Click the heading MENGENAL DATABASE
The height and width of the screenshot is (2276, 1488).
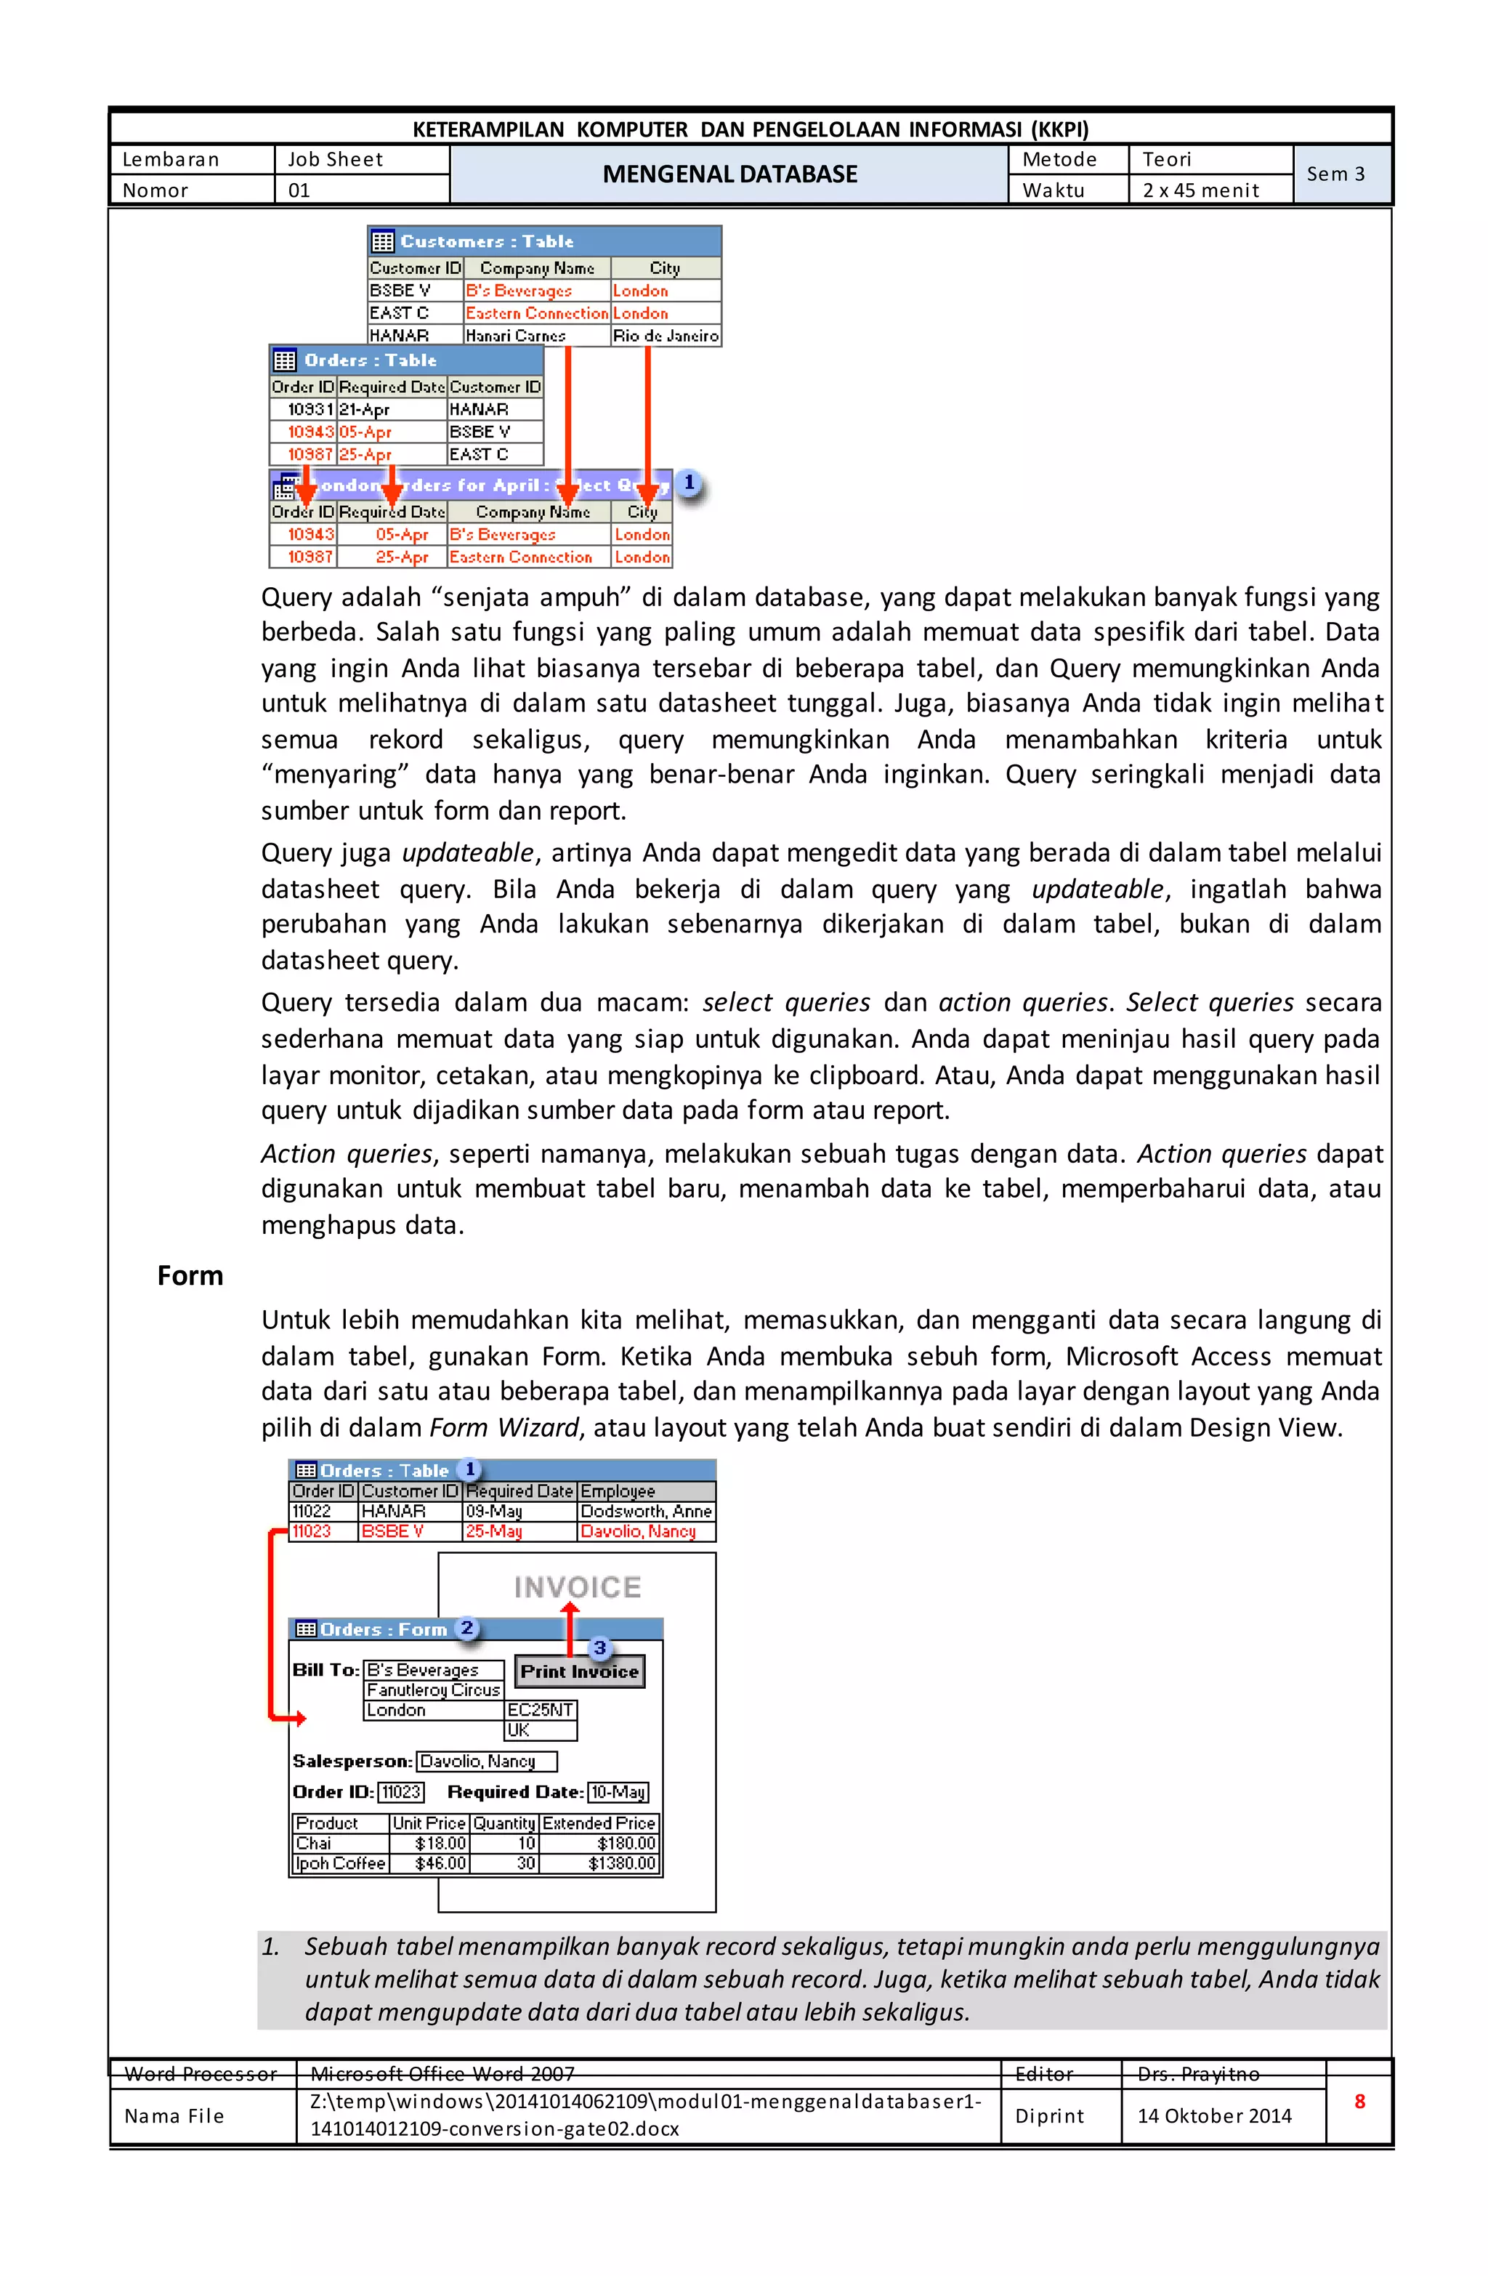[729, 174]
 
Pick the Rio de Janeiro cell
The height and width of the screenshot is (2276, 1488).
[665, 336]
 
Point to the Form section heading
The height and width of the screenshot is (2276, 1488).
[190, 1275]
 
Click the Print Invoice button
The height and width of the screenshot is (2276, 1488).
[578, 1671]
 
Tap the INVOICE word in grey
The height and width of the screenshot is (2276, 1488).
[577, 1588]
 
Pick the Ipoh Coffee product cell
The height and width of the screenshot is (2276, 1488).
[339, 1863]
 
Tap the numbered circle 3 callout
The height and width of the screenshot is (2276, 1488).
[599, 1647]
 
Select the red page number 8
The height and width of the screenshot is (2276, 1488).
[1358, 2101]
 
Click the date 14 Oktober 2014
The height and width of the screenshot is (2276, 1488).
[1213, 2115]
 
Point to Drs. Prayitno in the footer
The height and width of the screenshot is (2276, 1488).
[1197, 2073]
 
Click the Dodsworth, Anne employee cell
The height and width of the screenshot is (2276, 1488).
[645, 1511]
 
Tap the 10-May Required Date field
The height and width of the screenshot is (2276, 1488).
[618, 1792]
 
